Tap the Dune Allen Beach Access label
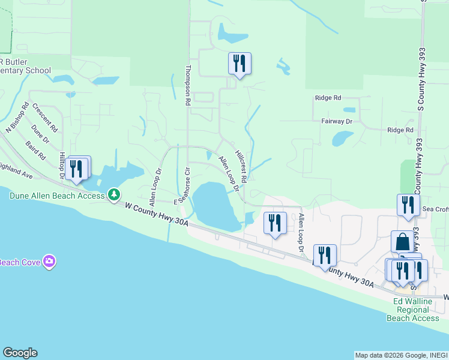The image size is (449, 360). click(x=57, y=195)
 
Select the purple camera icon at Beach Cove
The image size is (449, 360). click(x=49, y=262)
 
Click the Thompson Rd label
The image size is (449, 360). click(x=188, y=86)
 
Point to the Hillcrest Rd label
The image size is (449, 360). click(x=241, y=166)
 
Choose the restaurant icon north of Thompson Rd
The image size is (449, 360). click(x=240, y=63)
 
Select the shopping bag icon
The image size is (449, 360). click(x=402, y=242)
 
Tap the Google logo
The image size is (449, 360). click(x=20, y=353)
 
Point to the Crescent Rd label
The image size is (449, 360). click(x=45, y=118)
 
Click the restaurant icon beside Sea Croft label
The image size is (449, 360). click(x=408, y=205)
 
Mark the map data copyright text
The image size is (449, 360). click(x=400, y=355)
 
